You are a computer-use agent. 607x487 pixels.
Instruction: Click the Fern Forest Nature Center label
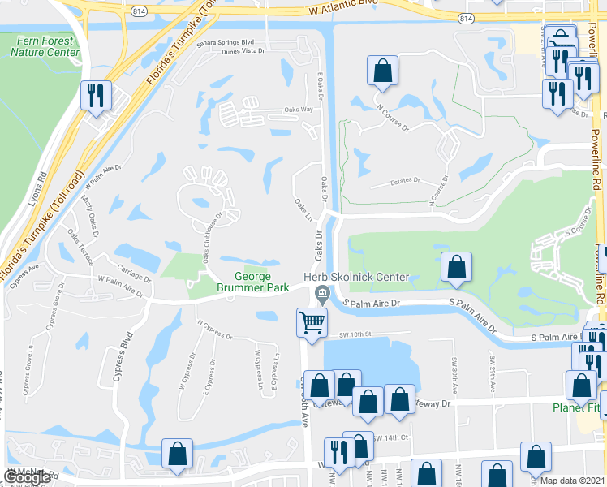point(45,46)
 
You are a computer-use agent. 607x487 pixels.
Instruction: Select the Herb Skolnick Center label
point(356,278)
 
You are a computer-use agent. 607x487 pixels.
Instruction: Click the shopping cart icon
point(312,322)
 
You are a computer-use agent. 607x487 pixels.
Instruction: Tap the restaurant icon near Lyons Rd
point(96,95)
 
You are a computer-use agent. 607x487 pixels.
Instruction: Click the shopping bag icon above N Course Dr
point(382,71)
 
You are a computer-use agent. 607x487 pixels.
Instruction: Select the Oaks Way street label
point(299,110)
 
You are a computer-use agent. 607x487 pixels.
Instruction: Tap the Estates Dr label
point(406,180)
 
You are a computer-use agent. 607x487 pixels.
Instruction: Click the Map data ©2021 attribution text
point(572,481)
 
